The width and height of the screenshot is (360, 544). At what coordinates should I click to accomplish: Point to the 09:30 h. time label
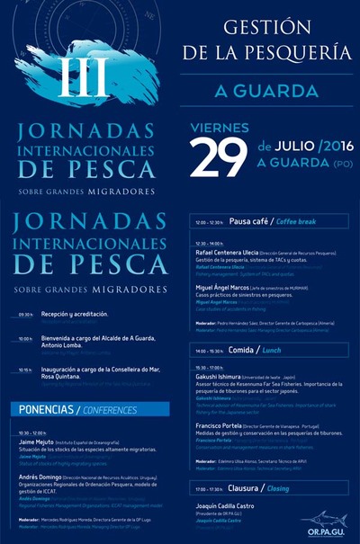pyautogui.click(x=25, y=316)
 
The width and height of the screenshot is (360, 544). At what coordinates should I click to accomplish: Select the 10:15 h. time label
pyautogui.click(x=25, y=370)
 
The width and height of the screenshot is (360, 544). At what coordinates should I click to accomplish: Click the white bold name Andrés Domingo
pyautogui.click(x=41, y=477)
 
